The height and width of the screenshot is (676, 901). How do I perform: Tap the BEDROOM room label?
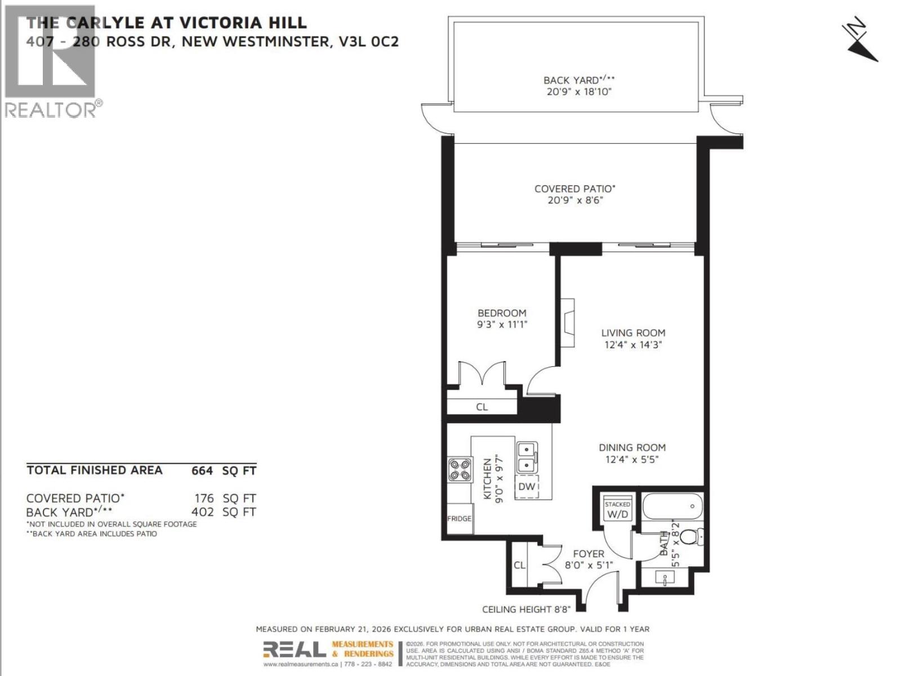tap(502, 313)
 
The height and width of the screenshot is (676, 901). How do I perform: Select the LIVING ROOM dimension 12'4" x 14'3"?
tap(633, 345)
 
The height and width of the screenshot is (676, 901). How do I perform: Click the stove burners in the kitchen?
tap(460, 470)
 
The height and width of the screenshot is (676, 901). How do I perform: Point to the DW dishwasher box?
tap(527, 487)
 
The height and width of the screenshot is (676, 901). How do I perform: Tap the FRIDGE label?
tap(459, 518)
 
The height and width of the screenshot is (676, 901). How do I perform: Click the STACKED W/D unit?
tap(617, 510)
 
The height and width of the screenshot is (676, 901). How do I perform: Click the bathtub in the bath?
tap(672, 506)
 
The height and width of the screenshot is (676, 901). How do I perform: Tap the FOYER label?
tap(588, 554)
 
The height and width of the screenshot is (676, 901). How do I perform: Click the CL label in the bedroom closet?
tap(482, 407)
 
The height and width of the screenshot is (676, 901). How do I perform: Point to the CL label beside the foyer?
tap(520, 565)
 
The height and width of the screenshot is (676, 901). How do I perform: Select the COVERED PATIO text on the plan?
tap(574, 189)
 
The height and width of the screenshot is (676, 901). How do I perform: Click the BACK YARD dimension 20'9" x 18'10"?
tap(579, 92)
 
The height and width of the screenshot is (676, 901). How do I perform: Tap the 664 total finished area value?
tap(202, 470)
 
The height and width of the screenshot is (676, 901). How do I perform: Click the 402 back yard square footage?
tap(203, 512)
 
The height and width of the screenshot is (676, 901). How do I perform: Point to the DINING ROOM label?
tap(632, 447)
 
